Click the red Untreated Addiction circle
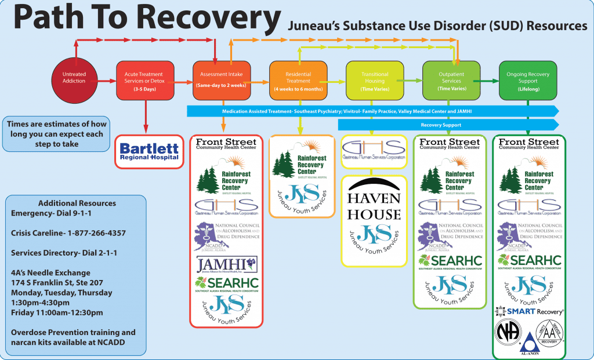click(74, 78)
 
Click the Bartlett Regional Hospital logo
click(149, 151)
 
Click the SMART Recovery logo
click(527, 312)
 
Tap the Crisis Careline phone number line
click(68, 233)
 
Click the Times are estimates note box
click(56, 134)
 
